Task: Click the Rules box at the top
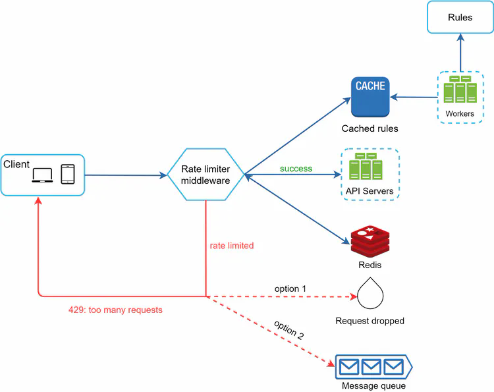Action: pyautogui.click(x=460, y=17)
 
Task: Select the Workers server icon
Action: pyautogui.click(x=459, y=90)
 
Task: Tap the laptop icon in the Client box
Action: pyautogui.click(x=42, y=175)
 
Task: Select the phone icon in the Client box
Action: pyautogui.click(x=67, y=175)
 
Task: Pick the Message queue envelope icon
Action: pyautogui.click(x=373, y=365)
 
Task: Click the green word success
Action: pyautogui.click(x=296, y=169)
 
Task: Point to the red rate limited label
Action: pyautogui.click(x=232, y=246)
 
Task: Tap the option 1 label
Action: pyautogui.click(x=290, y=289)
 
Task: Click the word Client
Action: pyautogui.click(x=16, y=163)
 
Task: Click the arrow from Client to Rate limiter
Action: pyautogui.click(x=125, y=175)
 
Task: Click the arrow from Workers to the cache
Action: pyautogui.click(x=415, y=96)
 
